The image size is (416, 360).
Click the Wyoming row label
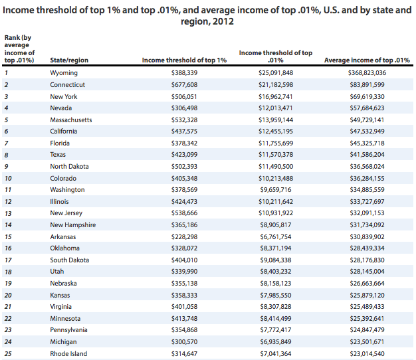(64, 73)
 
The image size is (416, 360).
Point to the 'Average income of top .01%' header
(366, 60)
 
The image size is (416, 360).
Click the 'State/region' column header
(69, 60)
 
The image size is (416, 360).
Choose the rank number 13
(7, 213)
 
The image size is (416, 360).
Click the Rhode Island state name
(68, 353)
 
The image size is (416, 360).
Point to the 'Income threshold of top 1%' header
(185, 60)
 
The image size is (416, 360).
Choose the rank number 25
(7, 353)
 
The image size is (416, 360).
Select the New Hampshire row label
(73, 225)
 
